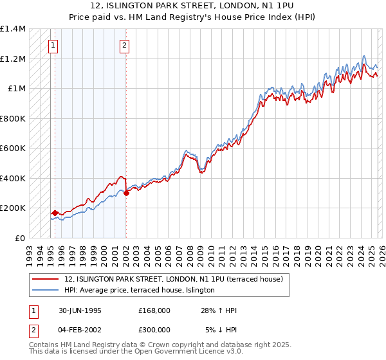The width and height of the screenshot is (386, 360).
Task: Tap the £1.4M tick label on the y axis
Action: (13, 29)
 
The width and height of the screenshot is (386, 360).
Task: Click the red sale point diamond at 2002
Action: (126, 194)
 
